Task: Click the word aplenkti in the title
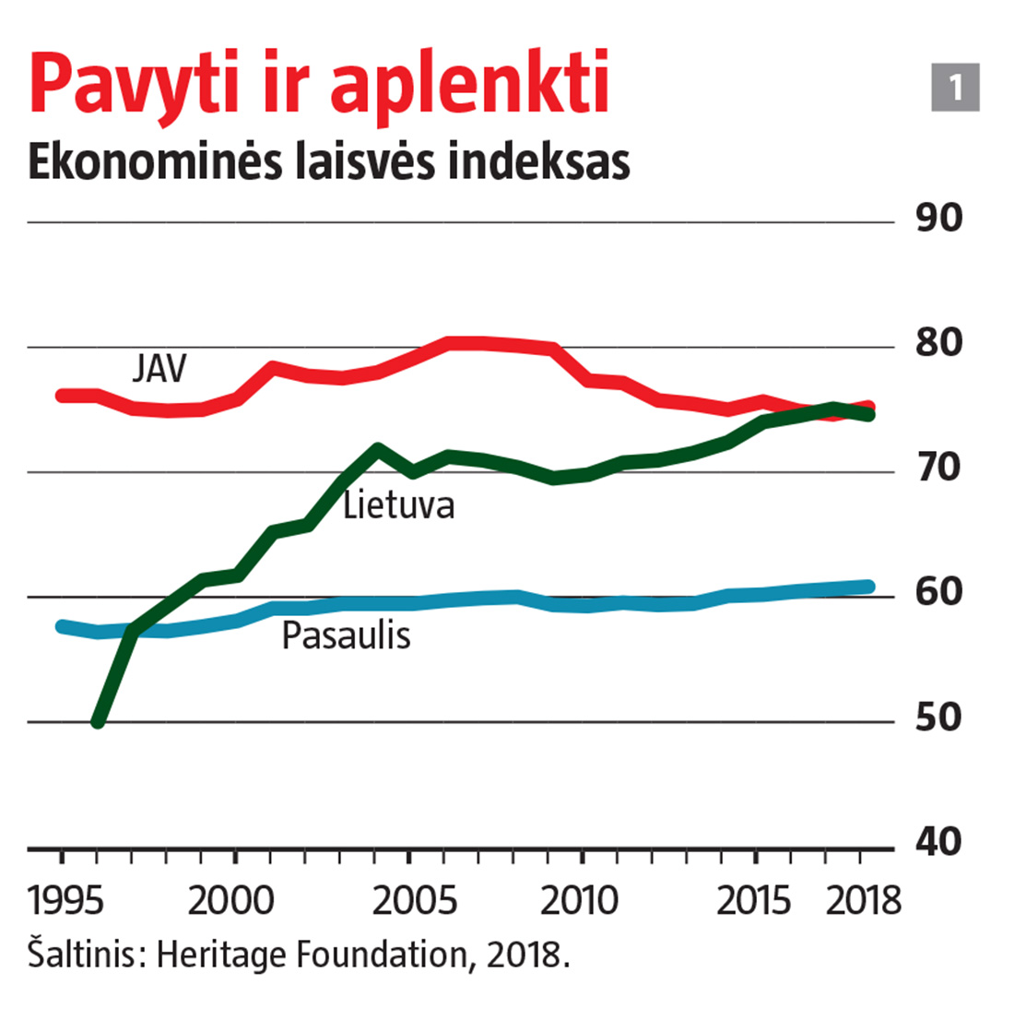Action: [469, 83]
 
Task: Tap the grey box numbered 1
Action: [955, 88]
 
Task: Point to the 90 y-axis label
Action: [939, 219]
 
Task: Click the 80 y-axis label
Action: [939, 344]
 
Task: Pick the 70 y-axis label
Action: [939, 468]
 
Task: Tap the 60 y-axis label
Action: [939, 593]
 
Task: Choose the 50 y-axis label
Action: [939, 718]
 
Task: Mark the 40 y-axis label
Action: [939, 842]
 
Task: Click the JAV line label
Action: [159, 369]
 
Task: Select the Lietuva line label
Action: [398, 505]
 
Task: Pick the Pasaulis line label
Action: [346, 635]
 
